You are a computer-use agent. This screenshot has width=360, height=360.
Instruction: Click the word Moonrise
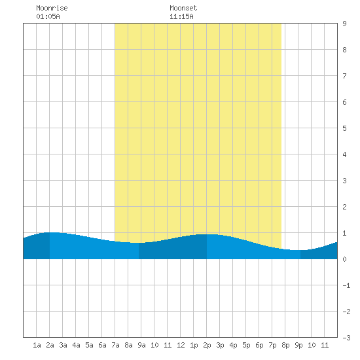(x=52, y=8)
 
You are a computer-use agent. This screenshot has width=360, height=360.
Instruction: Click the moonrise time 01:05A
(x=48, y=16)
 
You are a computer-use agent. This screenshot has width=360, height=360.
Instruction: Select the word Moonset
(x=183, y=8)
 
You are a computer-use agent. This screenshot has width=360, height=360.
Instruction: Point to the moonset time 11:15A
(x=181, y=16)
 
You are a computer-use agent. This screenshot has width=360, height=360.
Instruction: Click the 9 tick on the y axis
(x=344, y=24)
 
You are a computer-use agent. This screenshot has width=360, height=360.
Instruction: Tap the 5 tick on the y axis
(x=344, y=128)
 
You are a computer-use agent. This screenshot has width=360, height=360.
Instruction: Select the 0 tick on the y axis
(x=344, y=259)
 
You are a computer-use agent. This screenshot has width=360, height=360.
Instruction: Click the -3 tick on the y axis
(x=346, y=338)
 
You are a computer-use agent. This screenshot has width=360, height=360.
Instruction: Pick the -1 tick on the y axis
(x=346, y=285)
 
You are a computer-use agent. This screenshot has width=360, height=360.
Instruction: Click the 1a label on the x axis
(x=37, y=345)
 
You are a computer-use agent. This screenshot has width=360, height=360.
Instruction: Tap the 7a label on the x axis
(x=115, y=345)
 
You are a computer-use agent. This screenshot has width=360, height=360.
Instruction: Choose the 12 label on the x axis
(x=181, y=345)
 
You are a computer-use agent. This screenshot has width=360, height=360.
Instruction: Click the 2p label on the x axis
(x=207, y=345)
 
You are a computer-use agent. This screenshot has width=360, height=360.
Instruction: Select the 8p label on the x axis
(x=285, y=345)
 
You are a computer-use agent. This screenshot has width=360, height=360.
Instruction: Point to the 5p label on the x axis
(x=246, y=345)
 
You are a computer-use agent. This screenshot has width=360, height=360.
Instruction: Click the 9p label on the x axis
(x=298, y=345)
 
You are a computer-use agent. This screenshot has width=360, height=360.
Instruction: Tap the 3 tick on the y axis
(x=344, y=181)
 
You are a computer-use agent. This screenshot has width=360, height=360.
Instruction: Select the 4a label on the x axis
(x=76, y=345)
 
